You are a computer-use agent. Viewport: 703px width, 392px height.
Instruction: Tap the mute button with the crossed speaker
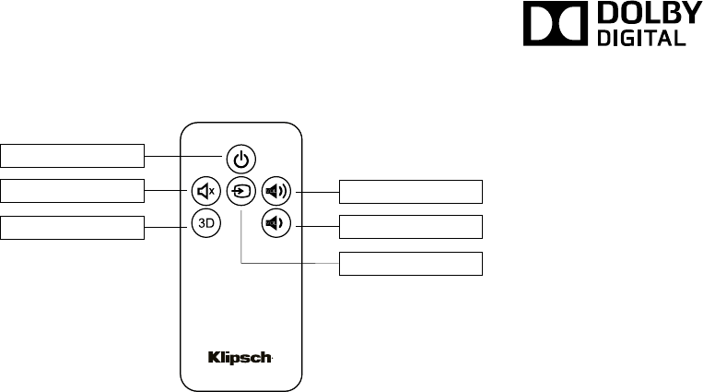pyautogui.click(x=205, y=192)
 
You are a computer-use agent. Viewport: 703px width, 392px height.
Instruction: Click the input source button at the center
pyautogui.click(x=240, y=192)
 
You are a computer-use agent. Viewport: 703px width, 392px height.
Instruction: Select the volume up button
pyautogui.click(x=275, y=192)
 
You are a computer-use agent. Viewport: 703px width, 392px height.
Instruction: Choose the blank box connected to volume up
pyautogui.click(x=411, y=192)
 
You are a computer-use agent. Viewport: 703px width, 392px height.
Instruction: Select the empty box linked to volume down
pyautogui.click(x=411, y=228)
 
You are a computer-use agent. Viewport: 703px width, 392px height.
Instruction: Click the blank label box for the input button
pyautogui.click(x=411, y=263)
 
